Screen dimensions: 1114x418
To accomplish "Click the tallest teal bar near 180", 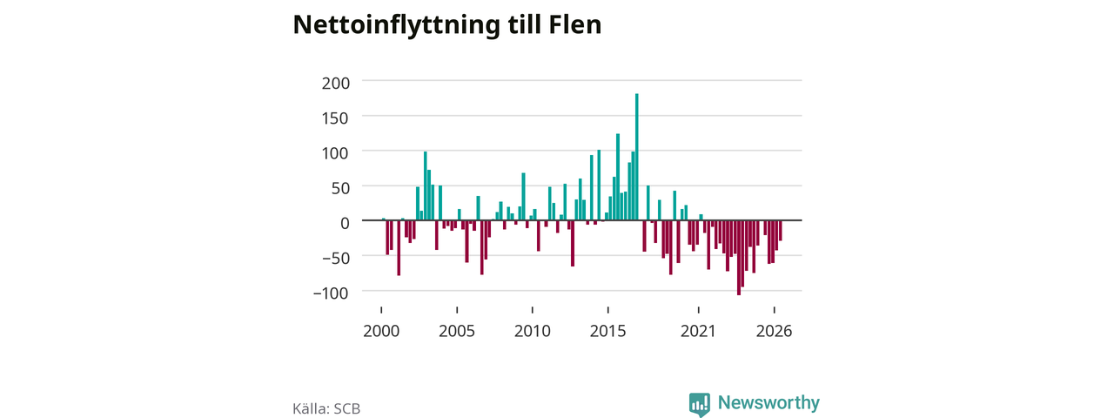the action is (x=636, y=157).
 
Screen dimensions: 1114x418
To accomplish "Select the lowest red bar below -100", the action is (x=739, y=258).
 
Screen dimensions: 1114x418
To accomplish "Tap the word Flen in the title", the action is (x=575, y=24).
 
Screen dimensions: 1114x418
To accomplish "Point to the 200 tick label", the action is (x=336, y=83).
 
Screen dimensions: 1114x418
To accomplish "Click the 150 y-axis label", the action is (x=336, y=118).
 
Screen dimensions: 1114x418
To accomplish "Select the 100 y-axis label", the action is (x=336, y=153).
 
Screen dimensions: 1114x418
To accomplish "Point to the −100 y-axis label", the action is (x=332, y=293).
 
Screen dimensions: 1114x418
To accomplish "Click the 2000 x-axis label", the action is (x=381, y=332).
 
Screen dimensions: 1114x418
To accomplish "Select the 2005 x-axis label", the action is (x=457, y=332).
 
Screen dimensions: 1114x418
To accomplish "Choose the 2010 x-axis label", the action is (x=533, y=332).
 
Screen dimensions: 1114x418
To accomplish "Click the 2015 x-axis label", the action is (x=608, y=332).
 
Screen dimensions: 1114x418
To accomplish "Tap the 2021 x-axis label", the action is (x=698, y=332).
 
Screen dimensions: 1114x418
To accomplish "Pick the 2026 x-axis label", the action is (x=775, y=332).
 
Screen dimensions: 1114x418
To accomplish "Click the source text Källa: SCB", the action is (x=326, y=408).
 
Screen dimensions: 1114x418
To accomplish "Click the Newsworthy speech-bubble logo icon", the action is (x=699, y=405).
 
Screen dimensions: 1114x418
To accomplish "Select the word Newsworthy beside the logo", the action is (x=768, y=402).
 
